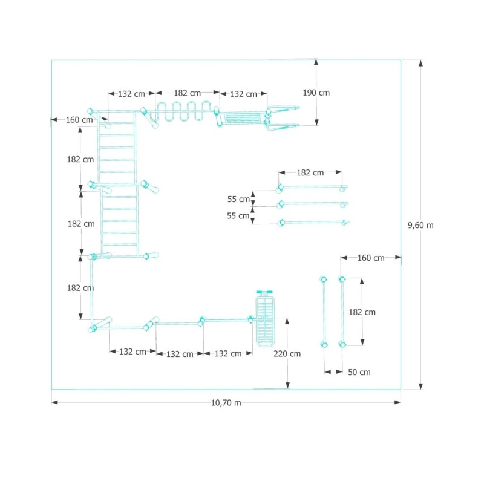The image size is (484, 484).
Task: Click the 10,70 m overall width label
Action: pyautogui.click(x=226, y=403)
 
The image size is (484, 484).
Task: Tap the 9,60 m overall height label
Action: pyautogui.click(x=420, y=225)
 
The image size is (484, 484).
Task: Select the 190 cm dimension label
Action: pyautogui.click(x=316, y=93)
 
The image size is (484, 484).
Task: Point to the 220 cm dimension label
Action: pyautogui.click(x=287, y=354)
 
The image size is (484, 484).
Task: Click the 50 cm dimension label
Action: pyautogui.click(x=359, y=372)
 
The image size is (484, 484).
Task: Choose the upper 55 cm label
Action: pyautogui.click(x=238, y=199)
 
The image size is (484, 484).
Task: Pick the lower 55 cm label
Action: pyautogui.click(x=238, y=216)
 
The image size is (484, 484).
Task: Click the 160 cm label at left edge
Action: pyautogui.click(x=79, y=120)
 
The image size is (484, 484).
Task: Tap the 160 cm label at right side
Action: pyautogui.click(x=371, y=258)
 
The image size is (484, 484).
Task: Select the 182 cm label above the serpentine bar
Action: pyautogui.click(x=188, y=93)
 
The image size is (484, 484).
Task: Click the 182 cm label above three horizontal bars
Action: pyautogui.click(x=310, y=172)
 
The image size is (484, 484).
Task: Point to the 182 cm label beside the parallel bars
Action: pyautogui.click(x=362, y=312)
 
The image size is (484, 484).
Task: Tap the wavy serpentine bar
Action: pyautogui.click(x=185, y=111)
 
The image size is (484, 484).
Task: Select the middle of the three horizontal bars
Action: pyautogui.click(x=313, y=204)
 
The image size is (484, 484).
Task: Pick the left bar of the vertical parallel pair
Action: pyautogui.click(x=324, y=312)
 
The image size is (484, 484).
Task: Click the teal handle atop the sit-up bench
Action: pyautogui.click(x=264, y=292)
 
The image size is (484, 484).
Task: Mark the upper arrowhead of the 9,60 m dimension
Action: pyautogui.click(x=420, y=64)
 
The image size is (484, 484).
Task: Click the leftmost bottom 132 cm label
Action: pyautogui.click(x=132, y=352)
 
